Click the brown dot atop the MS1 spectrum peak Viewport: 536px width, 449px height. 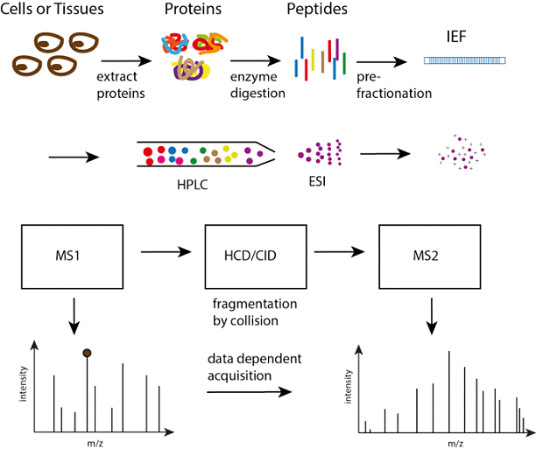(87, 353)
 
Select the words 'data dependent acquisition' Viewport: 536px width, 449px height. (248, 368)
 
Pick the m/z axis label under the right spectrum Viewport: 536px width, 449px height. (456, 444)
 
